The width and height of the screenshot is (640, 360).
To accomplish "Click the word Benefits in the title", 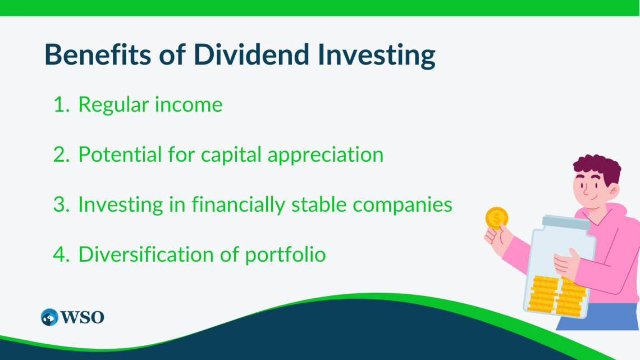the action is tap(98, 54).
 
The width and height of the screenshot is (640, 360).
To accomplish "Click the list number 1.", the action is tap(61, 104).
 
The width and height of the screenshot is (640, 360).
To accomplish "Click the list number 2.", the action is tap(61, 154).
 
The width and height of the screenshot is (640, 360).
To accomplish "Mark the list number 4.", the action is tap(61, 254).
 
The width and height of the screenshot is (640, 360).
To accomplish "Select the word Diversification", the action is tap(146, 254).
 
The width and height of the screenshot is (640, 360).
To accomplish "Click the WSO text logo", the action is tap(82, 317).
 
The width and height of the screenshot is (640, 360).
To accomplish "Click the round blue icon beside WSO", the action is tap(49, 317).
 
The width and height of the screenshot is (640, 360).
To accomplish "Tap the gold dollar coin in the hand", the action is tap(497, 218).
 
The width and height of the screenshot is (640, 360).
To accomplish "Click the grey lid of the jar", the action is tap(566, 222).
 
